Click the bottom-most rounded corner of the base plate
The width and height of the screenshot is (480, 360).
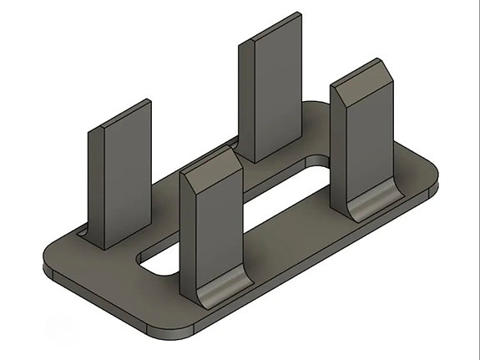(171, 338)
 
